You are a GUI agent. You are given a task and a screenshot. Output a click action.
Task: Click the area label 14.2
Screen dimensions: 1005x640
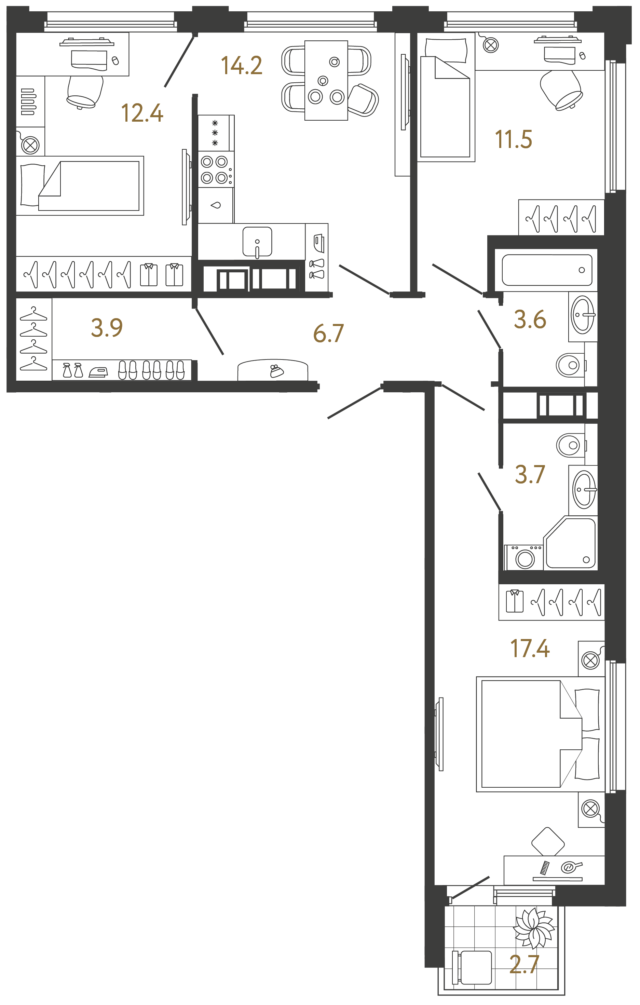click(x=242, y=66)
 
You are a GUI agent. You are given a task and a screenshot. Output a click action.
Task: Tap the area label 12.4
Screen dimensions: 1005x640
click(x=142, y=113)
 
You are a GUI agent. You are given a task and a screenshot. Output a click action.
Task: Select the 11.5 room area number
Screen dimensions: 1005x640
click(x=513, y=139)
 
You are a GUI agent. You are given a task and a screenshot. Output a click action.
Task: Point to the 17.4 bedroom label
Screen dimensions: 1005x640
click(x=530, y=648)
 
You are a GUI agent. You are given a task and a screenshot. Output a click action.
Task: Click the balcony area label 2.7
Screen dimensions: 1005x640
click(x=524, y=964)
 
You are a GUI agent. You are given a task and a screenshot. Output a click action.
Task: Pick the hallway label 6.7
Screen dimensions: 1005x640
click(x=328, y=334)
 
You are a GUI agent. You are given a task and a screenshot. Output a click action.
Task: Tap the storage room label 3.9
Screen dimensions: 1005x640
click(x=107, y=328)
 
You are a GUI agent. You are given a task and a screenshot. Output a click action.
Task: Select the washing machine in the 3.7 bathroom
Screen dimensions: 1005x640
click(x=524, y=558)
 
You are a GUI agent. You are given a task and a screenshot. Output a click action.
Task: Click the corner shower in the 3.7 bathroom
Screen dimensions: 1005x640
click(x=571, y=543)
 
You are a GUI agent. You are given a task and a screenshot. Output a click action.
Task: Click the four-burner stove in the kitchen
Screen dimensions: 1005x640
click(x=215, y=169)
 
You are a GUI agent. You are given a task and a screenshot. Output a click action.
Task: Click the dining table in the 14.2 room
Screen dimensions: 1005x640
click(x=326, y=80)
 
